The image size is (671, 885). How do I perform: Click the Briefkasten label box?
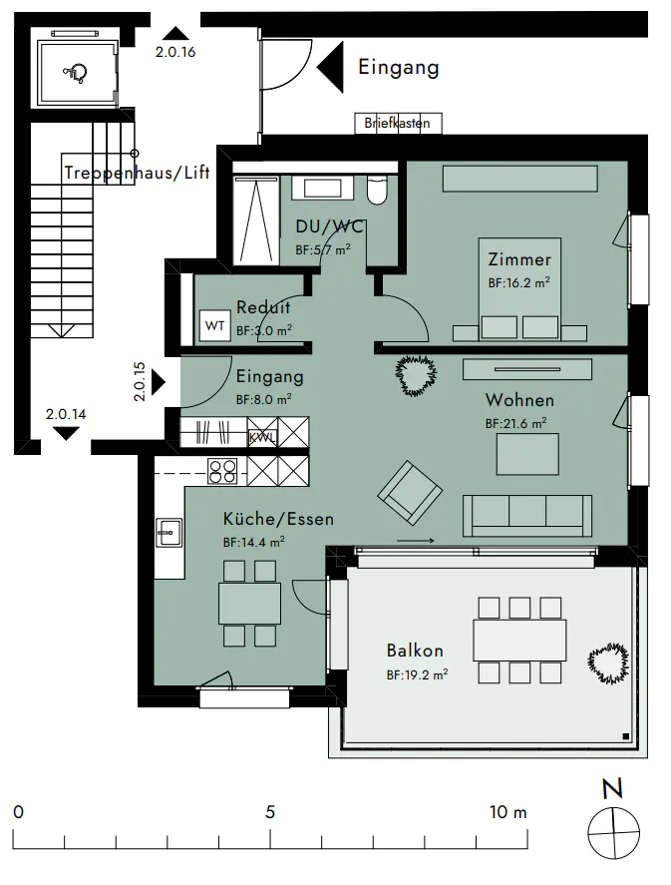click(398, 123)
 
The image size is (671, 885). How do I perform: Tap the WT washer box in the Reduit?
click(214, 325)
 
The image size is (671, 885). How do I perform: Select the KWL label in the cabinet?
click(262, 437)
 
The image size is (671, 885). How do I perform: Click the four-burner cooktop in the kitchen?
click(222, 471)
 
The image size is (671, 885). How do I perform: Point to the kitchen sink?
click(169, 532)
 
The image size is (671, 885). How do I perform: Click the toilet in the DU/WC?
click(377, 190)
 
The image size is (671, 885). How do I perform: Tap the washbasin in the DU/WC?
click(322, 188)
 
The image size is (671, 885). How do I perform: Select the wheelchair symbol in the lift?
click(76, 73)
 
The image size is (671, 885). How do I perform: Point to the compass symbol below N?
click(613, 833)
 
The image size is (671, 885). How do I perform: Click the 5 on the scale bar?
click(270, 812)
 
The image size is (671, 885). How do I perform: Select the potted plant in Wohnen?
click(416, 375)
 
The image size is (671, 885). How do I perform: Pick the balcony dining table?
click(519, 640)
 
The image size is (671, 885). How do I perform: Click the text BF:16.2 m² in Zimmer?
click(518, 282)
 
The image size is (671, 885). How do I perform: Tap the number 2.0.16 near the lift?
click(175, 52)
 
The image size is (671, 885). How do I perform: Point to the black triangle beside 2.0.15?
click(159, 383)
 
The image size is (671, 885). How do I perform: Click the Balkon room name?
click(415, 651)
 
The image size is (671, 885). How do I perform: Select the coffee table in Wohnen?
click(527, 454)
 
